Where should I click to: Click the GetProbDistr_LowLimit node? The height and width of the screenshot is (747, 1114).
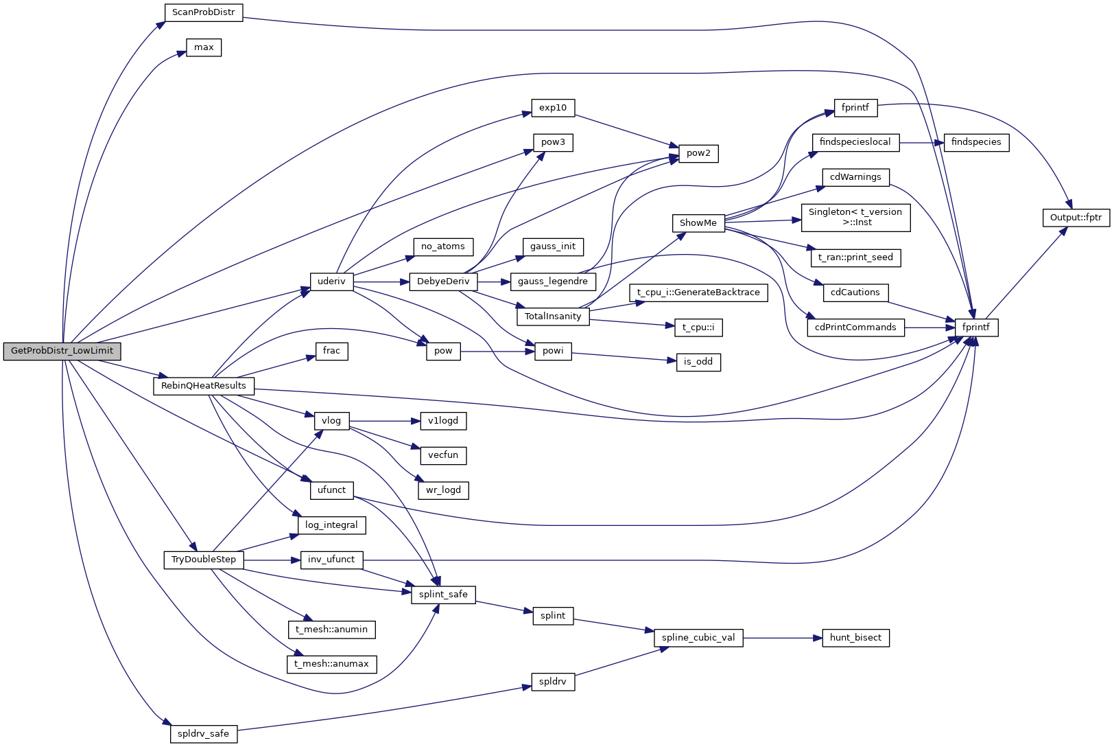point(62,351)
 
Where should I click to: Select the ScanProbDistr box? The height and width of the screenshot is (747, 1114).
point(204,12)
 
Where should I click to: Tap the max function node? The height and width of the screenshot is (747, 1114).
point(204,47)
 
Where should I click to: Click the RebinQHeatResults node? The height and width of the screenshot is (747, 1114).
point(203,386)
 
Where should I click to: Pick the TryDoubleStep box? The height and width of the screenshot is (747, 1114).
point(203,560)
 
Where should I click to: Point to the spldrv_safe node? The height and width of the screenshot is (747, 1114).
point(203,734)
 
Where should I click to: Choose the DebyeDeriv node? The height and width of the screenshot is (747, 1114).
point(443,281)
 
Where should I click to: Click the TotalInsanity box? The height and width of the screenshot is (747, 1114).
point(552,317)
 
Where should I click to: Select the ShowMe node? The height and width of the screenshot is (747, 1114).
point(698,223)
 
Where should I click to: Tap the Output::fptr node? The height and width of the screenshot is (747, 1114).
point(1076,218)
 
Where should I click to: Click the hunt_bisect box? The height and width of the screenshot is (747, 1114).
point(855,638)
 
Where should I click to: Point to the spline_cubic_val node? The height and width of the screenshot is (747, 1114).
point(698,638)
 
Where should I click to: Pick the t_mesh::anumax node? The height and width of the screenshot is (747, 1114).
point(331,664)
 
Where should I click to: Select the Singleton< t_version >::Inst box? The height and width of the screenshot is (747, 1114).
point(855,217)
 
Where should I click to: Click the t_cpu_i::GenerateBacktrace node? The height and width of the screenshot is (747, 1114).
point(698,292)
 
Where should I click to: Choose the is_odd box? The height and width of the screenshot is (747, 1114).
point(698,362)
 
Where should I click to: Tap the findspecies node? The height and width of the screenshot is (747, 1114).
point(975,142)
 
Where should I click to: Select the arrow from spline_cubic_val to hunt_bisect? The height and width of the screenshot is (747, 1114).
point(782,638)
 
